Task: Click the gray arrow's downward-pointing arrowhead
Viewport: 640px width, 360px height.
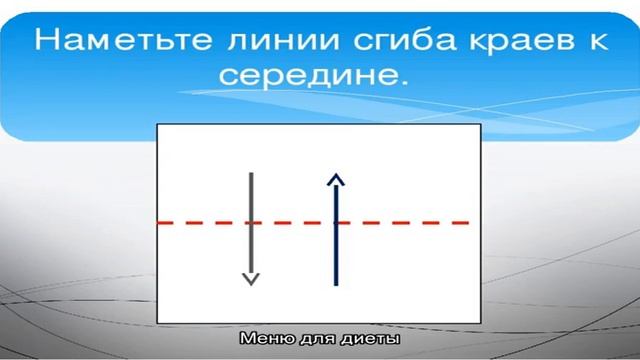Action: click(x=251, y=279)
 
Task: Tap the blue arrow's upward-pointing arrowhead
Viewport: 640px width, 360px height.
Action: click(x=336, y=179)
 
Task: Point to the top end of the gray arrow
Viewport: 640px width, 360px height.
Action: click(x=251, y=173)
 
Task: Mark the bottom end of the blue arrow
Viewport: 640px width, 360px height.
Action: click(x=336, y=285)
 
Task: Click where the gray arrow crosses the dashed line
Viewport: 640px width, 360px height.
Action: click(x=251, y=222)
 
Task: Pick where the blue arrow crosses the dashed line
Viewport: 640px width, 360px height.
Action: click(x=336, y=222)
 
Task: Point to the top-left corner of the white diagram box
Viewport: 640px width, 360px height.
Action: click(x=158, y=125)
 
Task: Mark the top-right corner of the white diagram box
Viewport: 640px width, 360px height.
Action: click(x=480, y=125)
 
